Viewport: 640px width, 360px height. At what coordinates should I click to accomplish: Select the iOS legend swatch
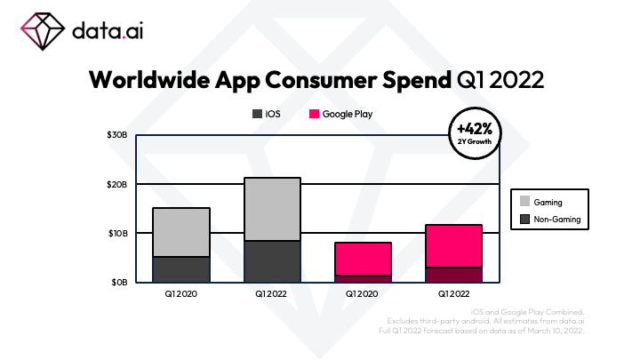click(x=257, y=115)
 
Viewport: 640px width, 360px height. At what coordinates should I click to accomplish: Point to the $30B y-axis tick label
click(x=118, y=135)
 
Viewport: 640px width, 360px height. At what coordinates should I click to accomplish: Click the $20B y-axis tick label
click(x=118, y=184)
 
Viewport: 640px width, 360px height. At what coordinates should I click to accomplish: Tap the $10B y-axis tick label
click(x=118, y=233)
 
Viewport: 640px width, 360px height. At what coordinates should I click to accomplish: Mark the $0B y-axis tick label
click(x=120, y=282)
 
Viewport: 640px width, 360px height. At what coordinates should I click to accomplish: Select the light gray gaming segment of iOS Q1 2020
click(x=181, y=232)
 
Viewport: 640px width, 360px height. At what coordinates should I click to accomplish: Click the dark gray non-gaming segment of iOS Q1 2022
click(x=272, y=261)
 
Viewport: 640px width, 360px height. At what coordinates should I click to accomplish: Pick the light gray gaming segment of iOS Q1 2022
click(x=272, y=209)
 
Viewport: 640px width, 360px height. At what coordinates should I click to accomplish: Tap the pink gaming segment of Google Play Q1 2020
click(x=363, y=259)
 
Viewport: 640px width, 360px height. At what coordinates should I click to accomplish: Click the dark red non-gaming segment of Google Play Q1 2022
click(x=453, y=275)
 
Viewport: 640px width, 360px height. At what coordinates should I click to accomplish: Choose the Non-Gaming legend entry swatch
click(x=524, y=218)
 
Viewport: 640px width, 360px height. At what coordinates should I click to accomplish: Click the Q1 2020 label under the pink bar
click(x=363, y=292)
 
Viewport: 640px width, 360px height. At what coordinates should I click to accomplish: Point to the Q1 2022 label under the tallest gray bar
click(x=272, y=292)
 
